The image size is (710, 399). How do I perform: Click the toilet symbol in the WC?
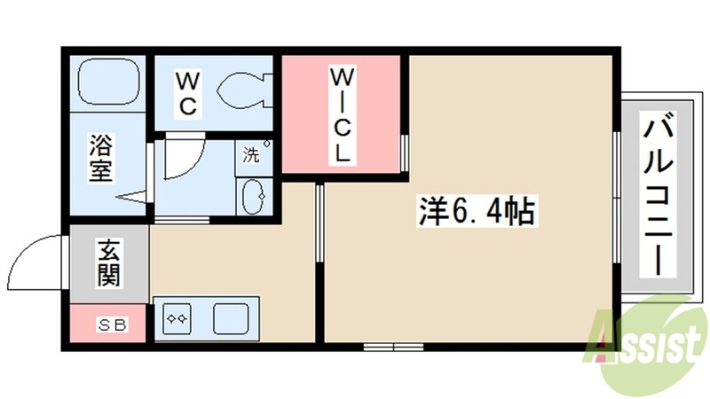(x=241, y=90)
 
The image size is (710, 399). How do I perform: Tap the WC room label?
(x=187, y=92)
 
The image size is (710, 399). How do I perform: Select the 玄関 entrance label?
(x=108, y=262)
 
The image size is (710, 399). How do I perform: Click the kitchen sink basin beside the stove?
(x=231, y=317)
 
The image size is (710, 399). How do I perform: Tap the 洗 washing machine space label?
(x=252, y=154)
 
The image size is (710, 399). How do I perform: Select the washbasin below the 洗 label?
(x=254, y=195)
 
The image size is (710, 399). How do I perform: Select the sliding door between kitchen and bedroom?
(x=319, y=222)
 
